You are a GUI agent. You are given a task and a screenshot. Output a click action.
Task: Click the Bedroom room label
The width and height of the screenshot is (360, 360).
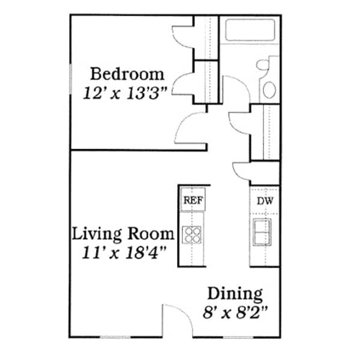pos(127,74)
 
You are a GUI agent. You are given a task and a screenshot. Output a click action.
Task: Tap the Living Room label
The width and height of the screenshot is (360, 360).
pos(123,233)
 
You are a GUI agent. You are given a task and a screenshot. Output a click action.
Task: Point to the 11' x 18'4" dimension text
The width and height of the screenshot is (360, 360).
pos(123,251)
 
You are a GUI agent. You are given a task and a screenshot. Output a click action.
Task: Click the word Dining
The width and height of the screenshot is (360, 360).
pos(235,294)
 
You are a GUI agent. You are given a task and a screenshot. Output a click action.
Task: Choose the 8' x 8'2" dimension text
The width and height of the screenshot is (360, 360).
pos(235,312)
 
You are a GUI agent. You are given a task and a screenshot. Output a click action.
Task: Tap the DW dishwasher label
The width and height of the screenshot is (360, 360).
pos(265,201)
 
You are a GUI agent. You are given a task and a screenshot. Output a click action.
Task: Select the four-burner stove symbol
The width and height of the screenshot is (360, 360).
pos(192,234)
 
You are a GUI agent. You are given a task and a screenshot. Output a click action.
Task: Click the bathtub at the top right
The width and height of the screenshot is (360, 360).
pos(248,30)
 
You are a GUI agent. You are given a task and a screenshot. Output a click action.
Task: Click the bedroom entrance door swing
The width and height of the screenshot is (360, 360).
pos(190,128)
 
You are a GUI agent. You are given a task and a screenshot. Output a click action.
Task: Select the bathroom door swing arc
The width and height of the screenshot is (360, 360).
pos(236,93)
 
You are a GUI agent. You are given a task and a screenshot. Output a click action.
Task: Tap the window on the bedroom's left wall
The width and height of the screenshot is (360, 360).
pos(71,84)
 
